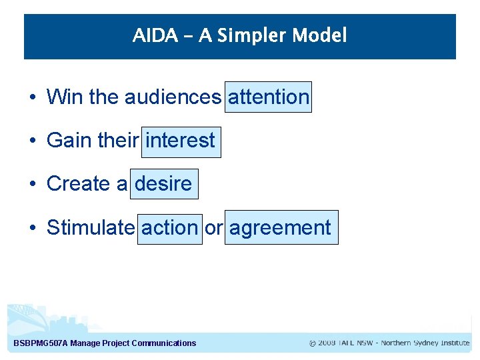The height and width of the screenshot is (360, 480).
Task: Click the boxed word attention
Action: (x=269, y=97)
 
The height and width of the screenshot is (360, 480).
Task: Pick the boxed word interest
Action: (x=181, y=141)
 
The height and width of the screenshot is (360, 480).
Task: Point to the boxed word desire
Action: (x=164, y=184)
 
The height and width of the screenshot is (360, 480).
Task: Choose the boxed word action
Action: (x=169, y=228)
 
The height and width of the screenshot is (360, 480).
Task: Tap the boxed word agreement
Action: (x=281, y=228)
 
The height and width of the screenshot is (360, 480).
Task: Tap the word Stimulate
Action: (x=90, y=228)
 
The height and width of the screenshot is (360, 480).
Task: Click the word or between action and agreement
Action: (x=213, y=228)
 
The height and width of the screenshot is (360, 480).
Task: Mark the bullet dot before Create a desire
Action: (x=33, y=185)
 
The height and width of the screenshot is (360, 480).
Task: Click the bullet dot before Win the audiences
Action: (x=33, y=98)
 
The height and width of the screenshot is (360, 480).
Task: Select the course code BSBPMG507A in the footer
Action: (x=40, y=343)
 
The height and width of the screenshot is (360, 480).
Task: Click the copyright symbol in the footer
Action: (x=313, y=343)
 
